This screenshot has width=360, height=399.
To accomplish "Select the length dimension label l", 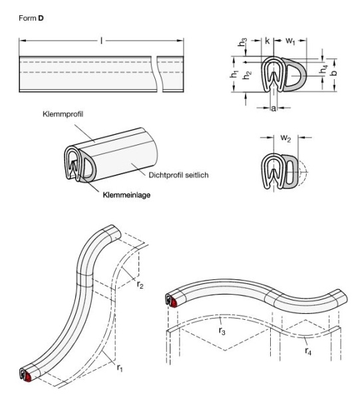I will [x=102, y=41].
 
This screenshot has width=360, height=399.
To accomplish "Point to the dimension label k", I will [x=268, y=41].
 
